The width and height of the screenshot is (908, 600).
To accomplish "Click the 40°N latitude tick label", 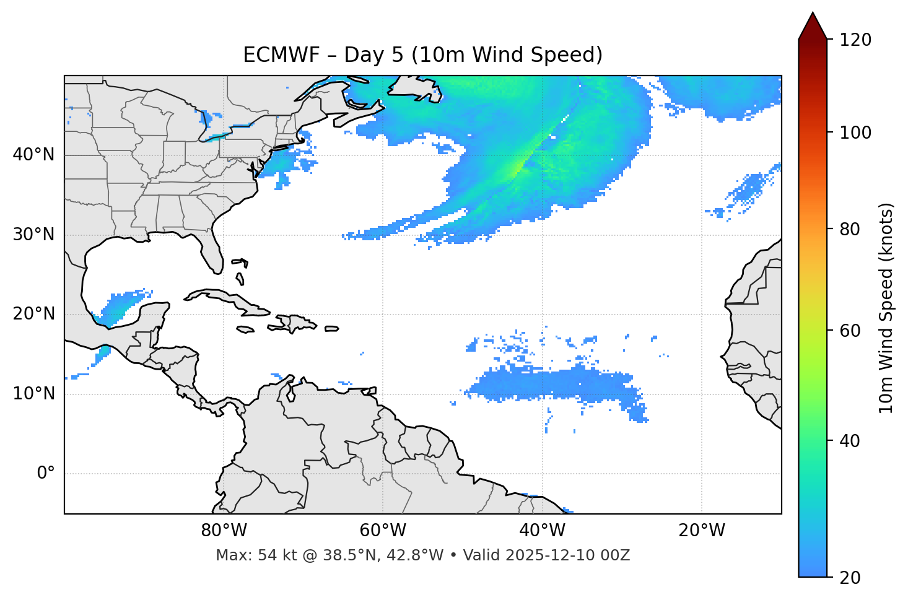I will tap(33, 155).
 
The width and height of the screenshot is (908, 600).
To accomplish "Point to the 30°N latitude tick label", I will tap(33, 235).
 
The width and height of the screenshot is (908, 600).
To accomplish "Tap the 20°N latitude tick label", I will tap(33, 314).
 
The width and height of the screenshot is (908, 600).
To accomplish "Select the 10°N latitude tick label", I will tap(33, 394).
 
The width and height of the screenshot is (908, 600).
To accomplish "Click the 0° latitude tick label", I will tap(46, 474).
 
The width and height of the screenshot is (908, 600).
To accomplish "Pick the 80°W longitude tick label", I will tap(224, 531).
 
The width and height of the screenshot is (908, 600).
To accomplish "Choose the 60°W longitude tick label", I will tap(383, 531).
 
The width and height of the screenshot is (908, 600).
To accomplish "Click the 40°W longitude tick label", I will tap(543, 531).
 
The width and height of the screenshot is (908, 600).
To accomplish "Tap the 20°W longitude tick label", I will tap(702, 531).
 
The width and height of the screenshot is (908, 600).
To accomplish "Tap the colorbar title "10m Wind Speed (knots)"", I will tap(886, 308).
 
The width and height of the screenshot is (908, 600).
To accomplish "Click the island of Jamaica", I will tap(246, 329).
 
